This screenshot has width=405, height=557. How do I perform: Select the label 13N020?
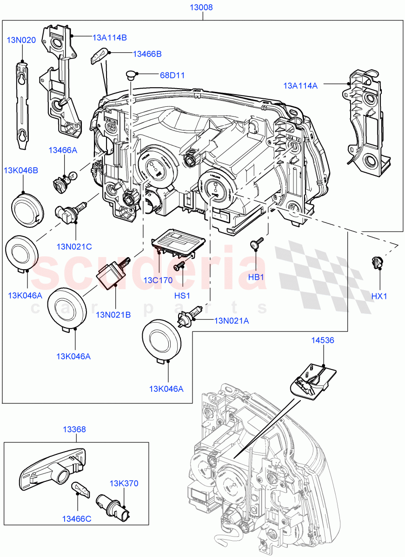click(x=21, y=40)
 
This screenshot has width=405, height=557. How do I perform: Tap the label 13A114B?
click(x=109, y=38)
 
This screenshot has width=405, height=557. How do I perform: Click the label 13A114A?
click(x=300, y=85)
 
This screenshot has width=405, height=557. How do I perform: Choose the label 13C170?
click(x=158, y=280)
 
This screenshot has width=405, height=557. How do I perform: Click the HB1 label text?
click(x=256, y=277)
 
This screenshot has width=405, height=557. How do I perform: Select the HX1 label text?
click(x=379, y=296)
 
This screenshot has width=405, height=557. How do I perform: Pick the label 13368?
click(x=74, y=430)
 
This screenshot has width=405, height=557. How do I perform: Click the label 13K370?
click(x=124, y=483)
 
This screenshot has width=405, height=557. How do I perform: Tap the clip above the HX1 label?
click(x=376, y=263)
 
